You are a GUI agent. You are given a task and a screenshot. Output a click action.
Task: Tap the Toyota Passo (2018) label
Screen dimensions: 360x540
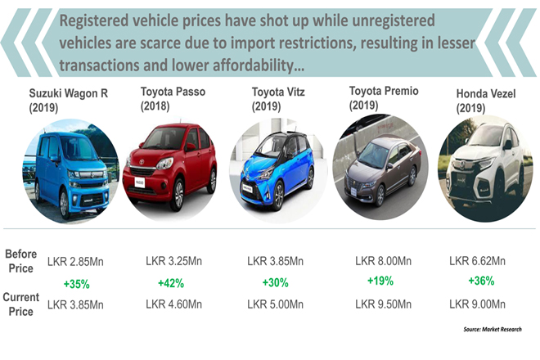coord(171,100)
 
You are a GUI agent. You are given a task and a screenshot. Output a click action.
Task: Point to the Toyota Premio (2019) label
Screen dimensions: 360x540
coord(382,97)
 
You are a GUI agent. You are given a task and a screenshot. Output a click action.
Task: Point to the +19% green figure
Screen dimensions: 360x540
coord(381,281)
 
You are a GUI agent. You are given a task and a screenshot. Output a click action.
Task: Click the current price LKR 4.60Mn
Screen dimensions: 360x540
coord(173,305)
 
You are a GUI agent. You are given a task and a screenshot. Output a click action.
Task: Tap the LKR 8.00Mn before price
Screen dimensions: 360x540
coord(382,261)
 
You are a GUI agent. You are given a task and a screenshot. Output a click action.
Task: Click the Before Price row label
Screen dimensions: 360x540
coord(22,260)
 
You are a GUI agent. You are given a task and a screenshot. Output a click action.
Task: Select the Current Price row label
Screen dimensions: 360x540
coord(22,304)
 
